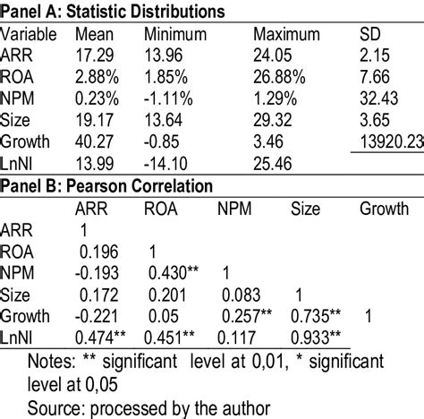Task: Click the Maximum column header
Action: point(285,34)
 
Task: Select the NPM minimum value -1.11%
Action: point(167,98)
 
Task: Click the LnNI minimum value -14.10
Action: point(165,165)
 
